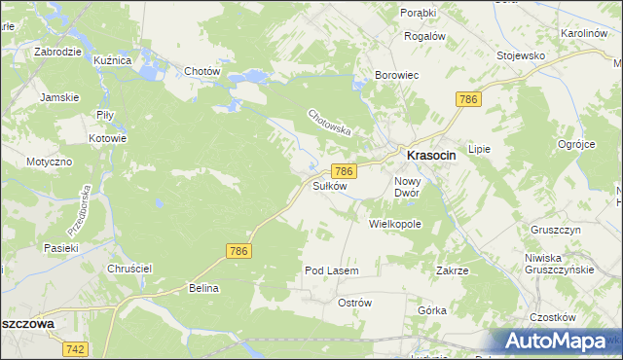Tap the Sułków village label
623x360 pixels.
[x=329, y=185]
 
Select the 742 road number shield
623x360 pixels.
[x=75, y=348]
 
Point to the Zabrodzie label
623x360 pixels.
[x=56, y=52]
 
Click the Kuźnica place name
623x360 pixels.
[x=112, y=60]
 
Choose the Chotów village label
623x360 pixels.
[x=202, y=71]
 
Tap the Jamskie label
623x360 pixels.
[x=58, y=97]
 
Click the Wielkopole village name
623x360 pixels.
[x=394, y=223]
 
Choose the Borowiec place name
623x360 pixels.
[x=397, y=74]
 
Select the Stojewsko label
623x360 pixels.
[x=520, y=55]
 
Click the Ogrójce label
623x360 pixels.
[x=576, y=144]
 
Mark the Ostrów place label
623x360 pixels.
[x=354, y=303]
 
